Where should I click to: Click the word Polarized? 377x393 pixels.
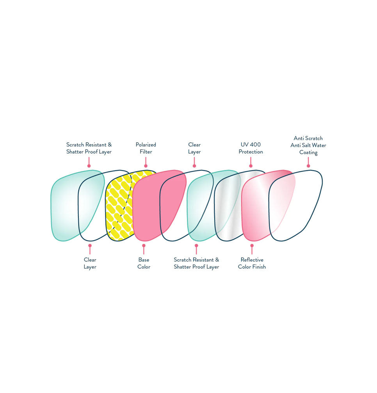(146, 145)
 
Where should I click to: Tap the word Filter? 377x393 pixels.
(146, 152)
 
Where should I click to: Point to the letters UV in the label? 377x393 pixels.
(245, 145)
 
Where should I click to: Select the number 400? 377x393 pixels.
(256, 145)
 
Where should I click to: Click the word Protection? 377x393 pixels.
(251, 152)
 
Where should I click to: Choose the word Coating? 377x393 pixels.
(308, 152)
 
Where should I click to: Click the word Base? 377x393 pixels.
(144, 260)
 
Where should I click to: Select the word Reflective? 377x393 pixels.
(252, 260)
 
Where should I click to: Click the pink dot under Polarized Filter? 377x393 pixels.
(146, 166)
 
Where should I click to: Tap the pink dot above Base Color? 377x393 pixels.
(144, 246)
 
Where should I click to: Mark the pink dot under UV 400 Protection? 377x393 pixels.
(251, 166)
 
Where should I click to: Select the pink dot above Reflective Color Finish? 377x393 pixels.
(252, 246)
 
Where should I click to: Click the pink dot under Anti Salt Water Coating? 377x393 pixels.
(308, 166)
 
